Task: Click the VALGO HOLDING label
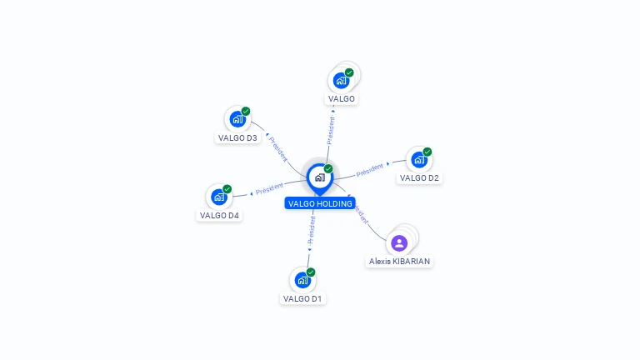tap(320, 203)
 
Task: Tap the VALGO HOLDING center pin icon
tap(319, 177)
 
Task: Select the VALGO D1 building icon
tap(302, 280)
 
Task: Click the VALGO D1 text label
tap(302, 298)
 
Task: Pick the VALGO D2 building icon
tap(418, 159)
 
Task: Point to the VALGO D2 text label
tap(419, 177)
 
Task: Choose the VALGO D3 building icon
tap(237, 119)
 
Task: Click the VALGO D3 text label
tap(237, 137)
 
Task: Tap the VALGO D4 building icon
tap(218, 197)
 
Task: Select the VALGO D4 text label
tap(219, 215)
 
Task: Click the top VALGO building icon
tap(341, 80)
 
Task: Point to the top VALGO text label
tap(342, 98)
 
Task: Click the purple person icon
tap(399, 243)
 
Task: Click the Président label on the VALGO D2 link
tap(369, 170)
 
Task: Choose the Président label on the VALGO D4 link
tap(269, 189)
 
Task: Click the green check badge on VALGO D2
tap(427, 152)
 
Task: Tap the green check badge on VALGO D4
tap(227, 189)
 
